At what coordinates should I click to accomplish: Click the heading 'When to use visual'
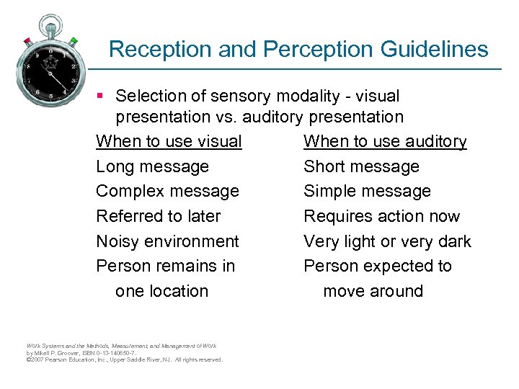(x=169, y=141)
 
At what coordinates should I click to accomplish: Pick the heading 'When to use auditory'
(x=385, y=141)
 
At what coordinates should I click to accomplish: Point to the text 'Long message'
(x=152, y=166)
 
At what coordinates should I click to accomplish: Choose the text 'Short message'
(x=361, y=166)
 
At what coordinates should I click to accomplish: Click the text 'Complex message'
(x=167, y=191)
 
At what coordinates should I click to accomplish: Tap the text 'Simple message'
(x=367, y=191)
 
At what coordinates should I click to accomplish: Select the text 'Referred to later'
(x=158, y=216)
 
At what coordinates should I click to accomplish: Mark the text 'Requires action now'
(x=381, y=216)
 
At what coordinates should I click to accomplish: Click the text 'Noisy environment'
(x=167, y=241)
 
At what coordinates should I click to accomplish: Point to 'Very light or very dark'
(x=387, y=241)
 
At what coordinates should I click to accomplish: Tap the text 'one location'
(x=161, y=291)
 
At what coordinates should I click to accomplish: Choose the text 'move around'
(x=373, y=291)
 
